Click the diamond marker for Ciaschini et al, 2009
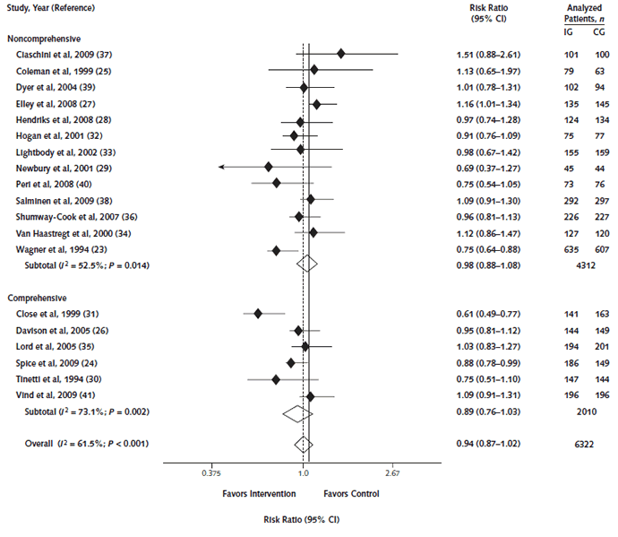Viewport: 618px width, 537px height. coord(341,54)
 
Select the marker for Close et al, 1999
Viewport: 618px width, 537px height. coord(258,314)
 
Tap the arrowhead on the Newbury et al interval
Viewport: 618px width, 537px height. coord(221,167)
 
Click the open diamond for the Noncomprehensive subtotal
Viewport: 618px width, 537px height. coord(307,263)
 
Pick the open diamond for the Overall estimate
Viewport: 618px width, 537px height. coord(303,444)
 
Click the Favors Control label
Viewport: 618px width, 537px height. coord(352,493)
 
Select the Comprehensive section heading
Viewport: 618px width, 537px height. coord(37,297)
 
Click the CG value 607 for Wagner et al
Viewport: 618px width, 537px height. coord(599,249)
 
